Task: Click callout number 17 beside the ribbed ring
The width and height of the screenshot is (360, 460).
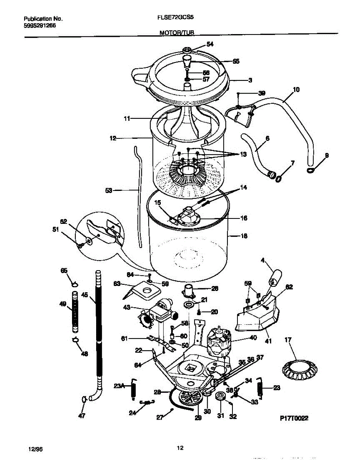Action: tap(288, 340)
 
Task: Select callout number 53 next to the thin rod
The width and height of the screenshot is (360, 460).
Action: tap(109, 190)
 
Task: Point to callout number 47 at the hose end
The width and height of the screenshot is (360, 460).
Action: tap(82, 416)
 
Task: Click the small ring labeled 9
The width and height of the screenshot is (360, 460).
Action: tap(310, 169)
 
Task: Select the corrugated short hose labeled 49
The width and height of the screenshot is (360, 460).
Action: tap(75, 312)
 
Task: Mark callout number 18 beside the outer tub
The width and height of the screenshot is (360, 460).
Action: tap(244, 237)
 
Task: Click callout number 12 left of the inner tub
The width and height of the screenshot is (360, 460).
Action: tap(113, 138)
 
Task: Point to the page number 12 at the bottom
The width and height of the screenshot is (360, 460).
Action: tap(180, 447)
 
